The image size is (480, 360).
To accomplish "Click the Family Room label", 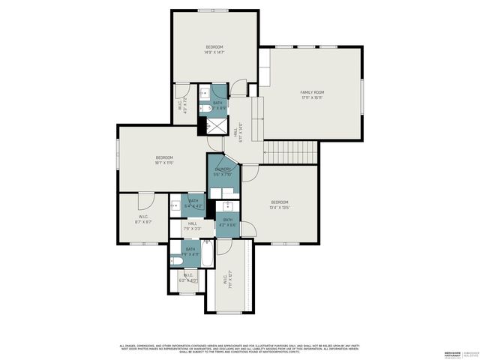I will click(313, 94).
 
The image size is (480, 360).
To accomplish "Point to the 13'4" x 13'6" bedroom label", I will click(280, 205).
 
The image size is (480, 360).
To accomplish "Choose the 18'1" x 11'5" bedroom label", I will click(163, 160).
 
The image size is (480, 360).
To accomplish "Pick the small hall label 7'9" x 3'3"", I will click(192, 226).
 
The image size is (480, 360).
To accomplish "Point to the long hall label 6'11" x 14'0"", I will click(241, 131).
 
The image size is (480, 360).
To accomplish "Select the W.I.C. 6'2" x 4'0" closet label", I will click(188, 277).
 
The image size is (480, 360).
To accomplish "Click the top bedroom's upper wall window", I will click(213, 10).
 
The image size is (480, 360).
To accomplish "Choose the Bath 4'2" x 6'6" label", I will click(227, 222).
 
